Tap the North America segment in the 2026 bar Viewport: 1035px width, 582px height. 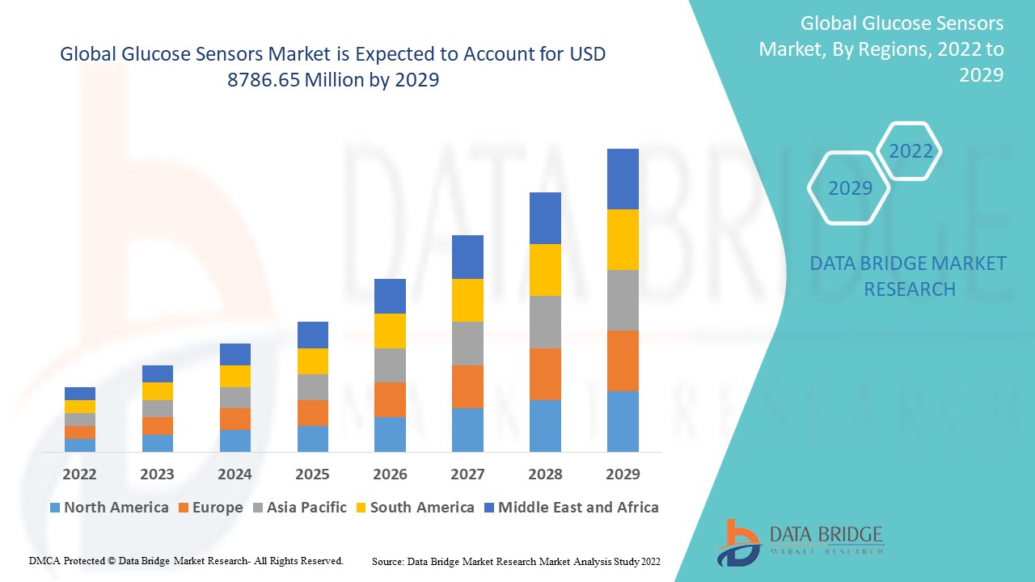[x=390, y=434]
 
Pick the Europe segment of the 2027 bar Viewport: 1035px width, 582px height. [x=467, y=386]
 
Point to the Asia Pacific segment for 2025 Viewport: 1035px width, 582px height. [x=312, y=387]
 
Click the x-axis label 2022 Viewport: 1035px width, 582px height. [x=79, y=474]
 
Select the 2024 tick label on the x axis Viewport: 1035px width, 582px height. [x=234, y=474]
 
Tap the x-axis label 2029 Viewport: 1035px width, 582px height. [x=623, y=474]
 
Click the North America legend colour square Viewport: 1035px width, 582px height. [x=55, y=508]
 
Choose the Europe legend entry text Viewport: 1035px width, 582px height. [x=218, y=508]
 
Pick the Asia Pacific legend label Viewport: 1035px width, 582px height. [x=306, y=508]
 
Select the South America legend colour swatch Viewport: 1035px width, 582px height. [x=361, y=508]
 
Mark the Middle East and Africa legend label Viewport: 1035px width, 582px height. [x=578, y=508]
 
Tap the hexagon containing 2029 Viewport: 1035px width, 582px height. [x=850, y=188]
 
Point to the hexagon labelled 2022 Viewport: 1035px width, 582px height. [x=910, y=151]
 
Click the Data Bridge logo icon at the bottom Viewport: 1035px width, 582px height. [x=737, y=542]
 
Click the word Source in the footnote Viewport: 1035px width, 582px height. [x=387, y=561]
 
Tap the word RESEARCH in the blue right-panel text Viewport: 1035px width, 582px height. [x=910, y=289]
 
